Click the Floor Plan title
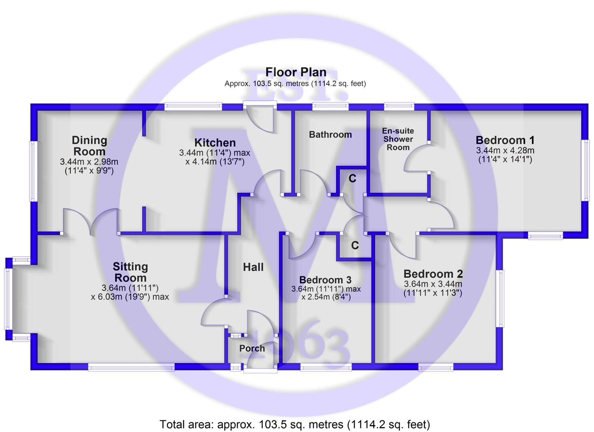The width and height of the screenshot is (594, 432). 296,72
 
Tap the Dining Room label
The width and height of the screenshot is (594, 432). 89,146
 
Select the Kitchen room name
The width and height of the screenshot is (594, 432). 215,143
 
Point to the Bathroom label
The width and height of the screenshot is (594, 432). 330,135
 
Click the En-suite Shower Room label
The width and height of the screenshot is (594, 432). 398,139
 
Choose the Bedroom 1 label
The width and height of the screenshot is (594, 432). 505,140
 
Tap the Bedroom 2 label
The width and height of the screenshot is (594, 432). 433,274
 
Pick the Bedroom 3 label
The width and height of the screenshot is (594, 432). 325,280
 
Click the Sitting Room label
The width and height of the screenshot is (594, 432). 130,272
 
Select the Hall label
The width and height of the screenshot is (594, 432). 253,267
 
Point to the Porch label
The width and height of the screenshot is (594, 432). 252,348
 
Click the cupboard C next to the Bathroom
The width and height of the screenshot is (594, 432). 352,178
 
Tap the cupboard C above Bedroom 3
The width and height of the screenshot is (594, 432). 355,245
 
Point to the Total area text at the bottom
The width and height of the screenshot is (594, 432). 295,424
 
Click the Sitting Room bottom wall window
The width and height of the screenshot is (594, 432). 131,366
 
